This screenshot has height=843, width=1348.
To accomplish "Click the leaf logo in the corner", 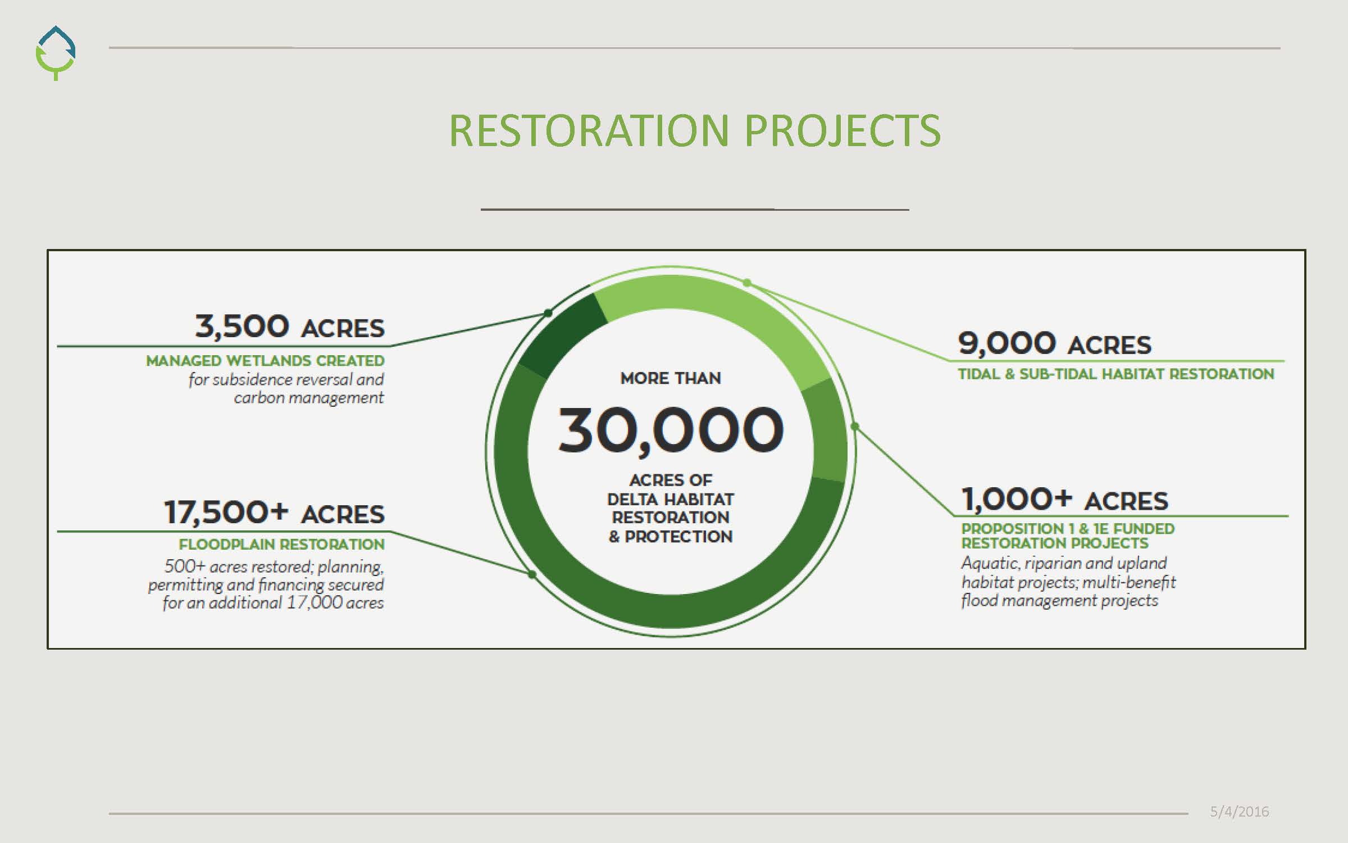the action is [55, 53].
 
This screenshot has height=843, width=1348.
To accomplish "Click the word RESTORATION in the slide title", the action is [589, 130].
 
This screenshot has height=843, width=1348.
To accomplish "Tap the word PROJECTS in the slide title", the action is [842, 130].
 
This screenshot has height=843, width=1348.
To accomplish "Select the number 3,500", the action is [242, 327].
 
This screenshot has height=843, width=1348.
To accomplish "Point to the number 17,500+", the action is [226, 513].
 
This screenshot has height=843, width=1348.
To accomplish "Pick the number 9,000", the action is [1007, 343].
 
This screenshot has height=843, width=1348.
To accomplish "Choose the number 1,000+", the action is [1017, 499].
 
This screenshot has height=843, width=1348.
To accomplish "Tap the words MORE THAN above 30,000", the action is [671, 378].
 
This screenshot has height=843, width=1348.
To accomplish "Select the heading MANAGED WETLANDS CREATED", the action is [265, 361].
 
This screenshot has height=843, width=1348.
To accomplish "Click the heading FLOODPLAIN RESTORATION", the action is [281, 545].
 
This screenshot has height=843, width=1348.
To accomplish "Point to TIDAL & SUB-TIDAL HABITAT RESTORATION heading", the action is [1116, 374].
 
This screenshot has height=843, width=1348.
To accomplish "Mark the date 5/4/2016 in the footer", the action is [1240, 812].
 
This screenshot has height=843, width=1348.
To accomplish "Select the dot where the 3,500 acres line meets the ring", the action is [548, 313].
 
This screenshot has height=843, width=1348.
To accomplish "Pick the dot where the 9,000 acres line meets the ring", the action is [747, 283].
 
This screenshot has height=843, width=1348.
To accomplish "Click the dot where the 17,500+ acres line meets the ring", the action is [532, 574].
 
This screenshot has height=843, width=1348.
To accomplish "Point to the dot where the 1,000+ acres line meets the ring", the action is [855, 427].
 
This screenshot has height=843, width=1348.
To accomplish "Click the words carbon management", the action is [309, 398].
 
